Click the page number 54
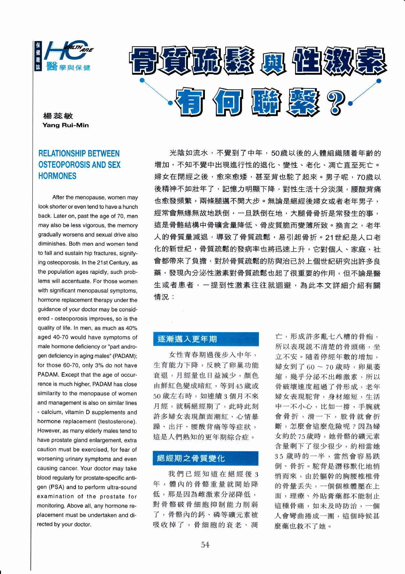[205, 545]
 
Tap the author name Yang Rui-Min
[65, 125]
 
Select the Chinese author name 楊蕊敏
[58, 116]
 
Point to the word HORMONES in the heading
[57, 176]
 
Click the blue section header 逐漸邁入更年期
[187, 339]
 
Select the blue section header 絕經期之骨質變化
[191, 458]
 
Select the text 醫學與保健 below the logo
[69, 67]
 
